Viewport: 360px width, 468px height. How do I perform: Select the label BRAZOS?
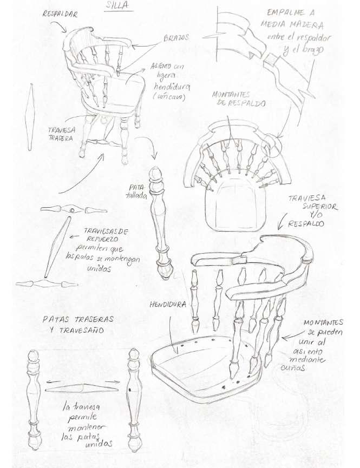(x=176, y=39)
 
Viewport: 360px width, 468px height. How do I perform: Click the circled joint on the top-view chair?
(x=274, y=146)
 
